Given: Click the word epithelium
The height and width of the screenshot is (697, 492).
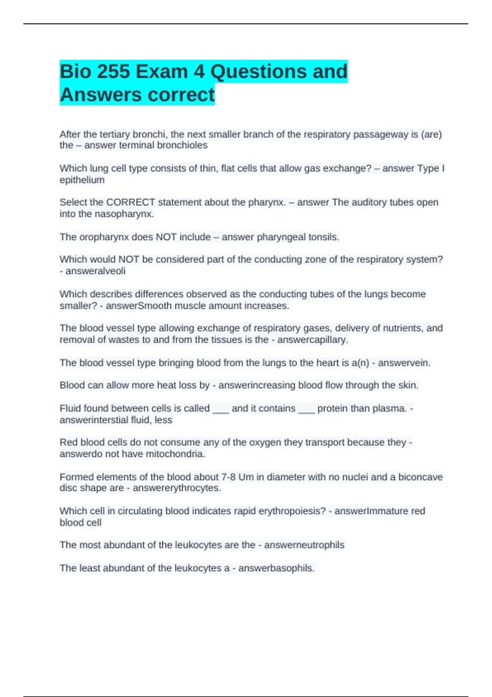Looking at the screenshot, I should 82,180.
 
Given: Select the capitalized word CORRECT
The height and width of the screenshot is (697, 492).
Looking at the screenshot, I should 130,202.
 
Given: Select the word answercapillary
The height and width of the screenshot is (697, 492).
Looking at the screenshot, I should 312,340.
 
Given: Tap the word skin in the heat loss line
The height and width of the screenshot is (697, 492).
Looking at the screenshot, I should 408,385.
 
